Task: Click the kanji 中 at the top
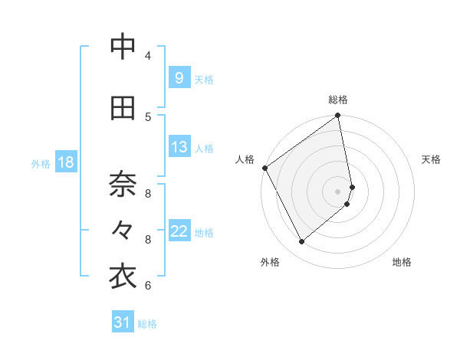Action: click(x=123, y=47)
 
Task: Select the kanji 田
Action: click(x=123, y=108)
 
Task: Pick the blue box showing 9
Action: click(x=179, y=78)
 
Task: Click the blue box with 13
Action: click(x=179, y=147)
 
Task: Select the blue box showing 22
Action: click(x=179, y=231)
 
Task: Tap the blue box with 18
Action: click(x=65, y=162)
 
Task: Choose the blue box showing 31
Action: click(x=123, y=322)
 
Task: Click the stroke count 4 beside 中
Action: click(x=148, y=55)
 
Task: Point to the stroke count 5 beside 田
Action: click(x=148, y=116)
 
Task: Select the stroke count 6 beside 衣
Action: click(x=148, y=286)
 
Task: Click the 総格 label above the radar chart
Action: click(x=338, y=100)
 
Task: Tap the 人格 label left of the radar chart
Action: click(x=245, y=159)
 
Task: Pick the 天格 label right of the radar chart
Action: click(x=432, y=159)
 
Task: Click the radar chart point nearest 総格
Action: click(x=338, y=116)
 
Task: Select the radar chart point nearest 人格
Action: click(x=264, y=168)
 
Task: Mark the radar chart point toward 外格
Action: click(x=302, y=242)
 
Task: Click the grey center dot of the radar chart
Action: click(x=338, y=191)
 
